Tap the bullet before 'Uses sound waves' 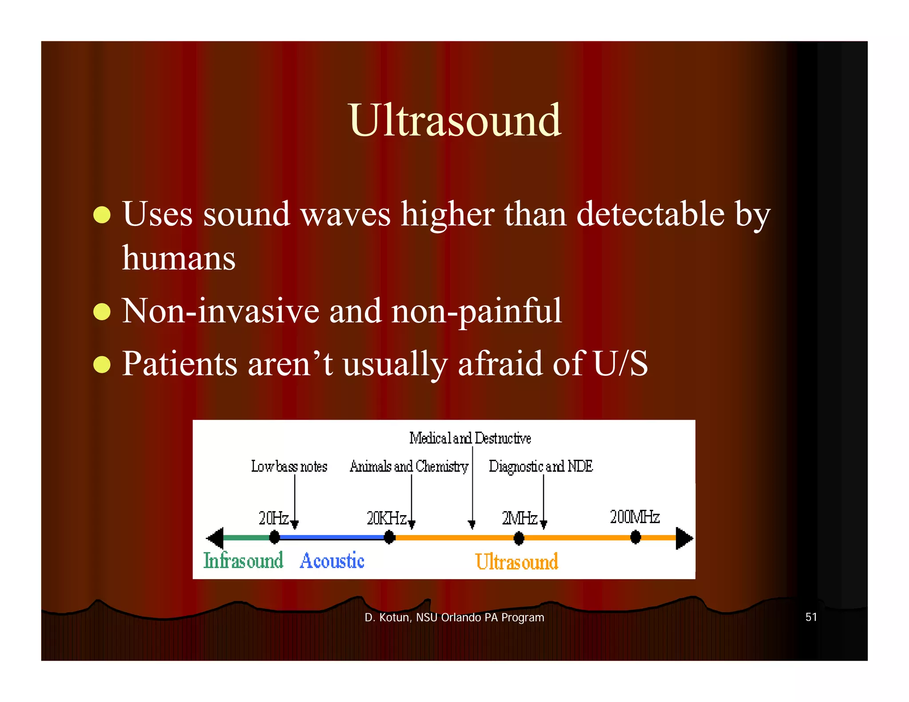coord(102,215)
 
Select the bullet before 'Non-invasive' coord(102,312)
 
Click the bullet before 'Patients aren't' coord(102,364)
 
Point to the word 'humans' coord(178,259)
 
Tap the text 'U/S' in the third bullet coord(620,363)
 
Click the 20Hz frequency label coord(273,517)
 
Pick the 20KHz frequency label coord(386,518)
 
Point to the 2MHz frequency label coord(519,518)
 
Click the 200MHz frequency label coord(635,517)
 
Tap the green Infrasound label coord(243,560)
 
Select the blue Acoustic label coord(332,561)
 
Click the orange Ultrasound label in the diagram coord(517,562)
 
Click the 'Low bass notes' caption coord(289,466)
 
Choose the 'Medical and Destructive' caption coord(470,438)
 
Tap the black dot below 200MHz coord(635,538)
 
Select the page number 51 coord(811,617)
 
